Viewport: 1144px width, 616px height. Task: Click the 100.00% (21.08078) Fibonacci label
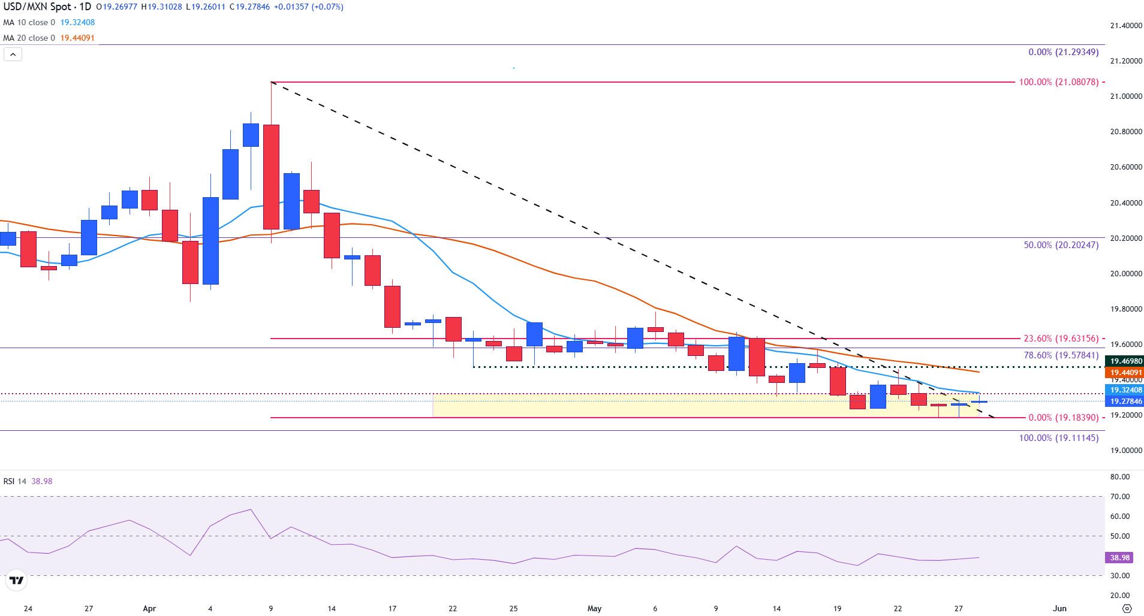click(x=1058, y=82)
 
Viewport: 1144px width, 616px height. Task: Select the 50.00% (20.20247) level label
click(x=1061, y=245)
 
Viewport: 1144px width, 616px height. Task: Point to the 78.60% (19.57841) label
click(x=1061, y=355)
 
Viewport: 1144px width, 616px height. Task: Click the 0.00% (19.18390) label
click(x=1063, y=418)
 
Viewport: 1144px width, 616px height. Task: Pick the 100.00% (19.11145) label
click(x=1058, y=438)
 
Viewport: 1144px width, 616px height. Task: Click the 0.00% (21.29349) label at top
click(x=1063, y=52)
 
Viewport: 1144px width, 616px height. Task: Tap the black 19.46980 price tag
click(x=1125, y=361)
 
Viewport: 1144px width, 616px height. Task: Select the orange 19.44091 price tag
click(x=1125, y=373)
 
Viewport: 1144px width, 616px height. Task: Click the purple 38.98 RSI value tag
click(x=1119, y=558)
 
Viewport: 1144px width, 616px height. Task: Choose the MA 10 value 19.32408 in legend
click(x=77, y=22)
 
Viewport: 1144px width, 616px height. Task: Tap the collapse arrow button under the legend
click(x=13, y=55)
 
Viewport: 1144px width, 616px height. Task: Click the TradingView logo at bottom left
click(x=16, y=580)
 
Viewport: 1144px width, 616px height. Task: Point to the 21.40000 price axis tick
click(x=1125, y=26)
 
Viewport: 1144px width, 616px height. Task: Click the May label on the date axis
click(x=594, y=608)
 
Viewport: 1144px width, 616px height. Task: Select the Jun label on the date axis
click(x=1059, y=608)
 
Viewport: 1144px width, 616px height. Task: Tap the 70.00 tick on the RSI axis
click(x=1119, y=497)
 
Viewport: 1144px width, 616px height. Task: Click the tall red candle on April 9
click(x=271, y=177)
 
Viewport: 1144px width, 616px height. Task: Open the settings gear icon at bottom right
click(x=1127, y=608)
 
